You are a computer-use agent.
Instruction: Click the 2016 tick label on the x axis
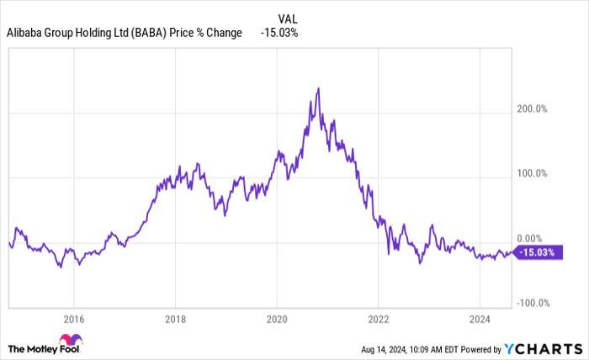73,319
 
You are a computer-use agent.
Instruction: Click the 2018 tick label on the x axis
175,319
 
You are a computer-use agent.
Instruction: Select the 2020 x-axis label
277,319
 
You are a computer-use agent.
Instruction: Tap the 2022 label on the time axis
378,319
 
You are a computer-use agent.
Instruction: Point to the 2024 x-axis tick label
479,319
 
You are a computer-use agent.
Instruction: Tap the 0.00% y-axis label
532,239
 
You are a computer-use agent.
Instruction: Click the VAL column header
287,17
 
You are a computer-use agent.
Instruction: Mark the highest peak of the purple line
317,87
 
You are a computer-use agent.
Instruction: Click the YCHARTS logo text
548,348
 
